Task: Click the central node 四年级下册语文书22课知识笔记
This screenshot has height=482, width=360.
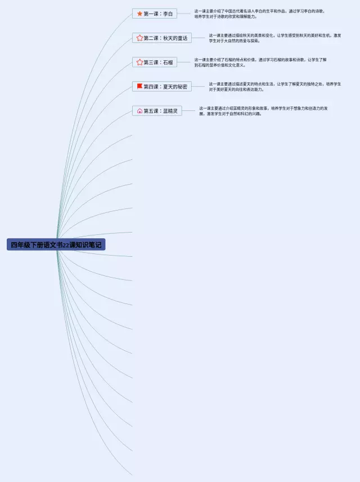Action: point(56,245)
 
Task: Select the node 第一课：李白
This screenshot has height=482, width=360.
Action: point(155,14)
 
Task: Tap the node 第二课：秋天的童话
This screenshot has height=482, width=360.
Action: point(162,38)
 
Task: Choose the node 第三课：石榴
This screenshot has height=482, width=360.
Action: point(155,62)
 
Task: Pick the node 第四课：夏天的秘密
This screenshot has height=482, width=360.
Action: point(162,87)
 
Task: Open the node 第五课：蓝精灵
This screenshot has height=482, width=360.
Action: point(157,111)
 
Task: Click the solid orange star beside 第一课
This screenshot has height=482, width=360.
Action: point(139,14)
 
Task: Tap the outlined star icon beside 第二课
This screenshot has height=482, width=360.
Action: point(139,38)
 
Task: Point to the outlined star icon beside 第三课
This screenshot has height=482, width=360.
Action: point(139,62)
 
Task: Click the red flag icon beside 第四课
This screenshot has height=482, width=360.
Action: point(139,87)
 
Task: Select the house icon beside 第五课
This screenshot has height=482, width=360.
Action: point(139,111)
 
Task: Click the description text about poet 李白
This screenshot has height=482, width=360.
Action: point(259,14)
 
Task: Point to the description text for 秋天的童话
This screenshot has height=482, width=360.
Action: point(274,38)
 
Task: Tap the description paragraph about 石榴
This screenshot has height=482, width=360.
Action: point(260,62)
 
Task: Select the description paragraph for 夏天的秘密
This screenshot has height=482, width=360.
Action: point(274,87)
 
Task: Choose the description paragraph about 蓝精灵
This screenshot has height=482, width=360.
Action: point(263,111)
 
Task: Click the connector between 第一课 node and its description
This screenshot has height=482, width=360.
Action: point(184,14)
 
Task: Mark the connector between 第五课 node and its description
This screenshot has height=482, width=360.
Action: point(190,111)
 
